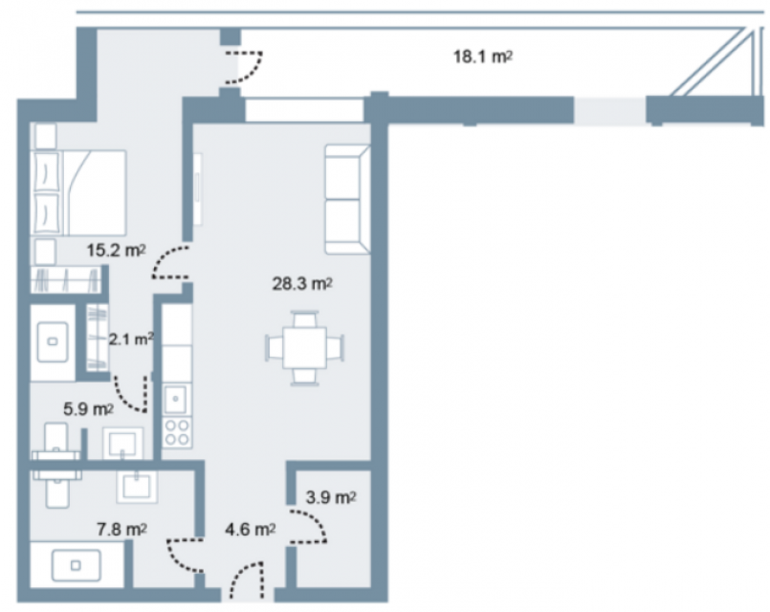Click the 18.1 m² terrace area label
coord(483,57)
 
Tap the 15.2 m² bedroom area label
coord(117,251)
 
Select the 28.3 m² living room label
coord(302,284)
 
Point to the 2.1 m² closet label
coord(131,339)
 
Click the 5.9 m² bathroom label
coord(88,409)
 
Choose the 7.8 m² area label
coord(121,530)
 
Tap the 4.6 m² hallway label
coord(250,530)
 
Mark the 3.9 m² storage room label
coord(331,497)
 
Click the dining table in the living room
coord(304,348)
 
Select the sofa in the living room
coord(347,199)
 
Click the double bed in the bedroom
coord(78,193)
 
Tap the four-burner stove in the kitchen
coord(177,432)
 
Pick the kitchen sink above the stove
coord(175,399)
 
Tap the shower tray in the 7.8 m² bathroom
coord(77,565)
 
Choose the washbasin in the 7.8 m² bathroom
coord(137,487)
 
